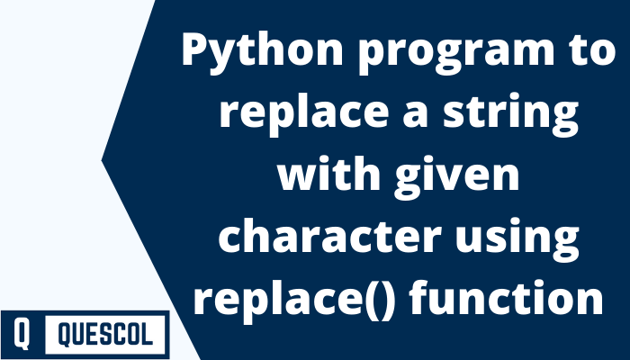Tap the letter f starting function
coord(427,296)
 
